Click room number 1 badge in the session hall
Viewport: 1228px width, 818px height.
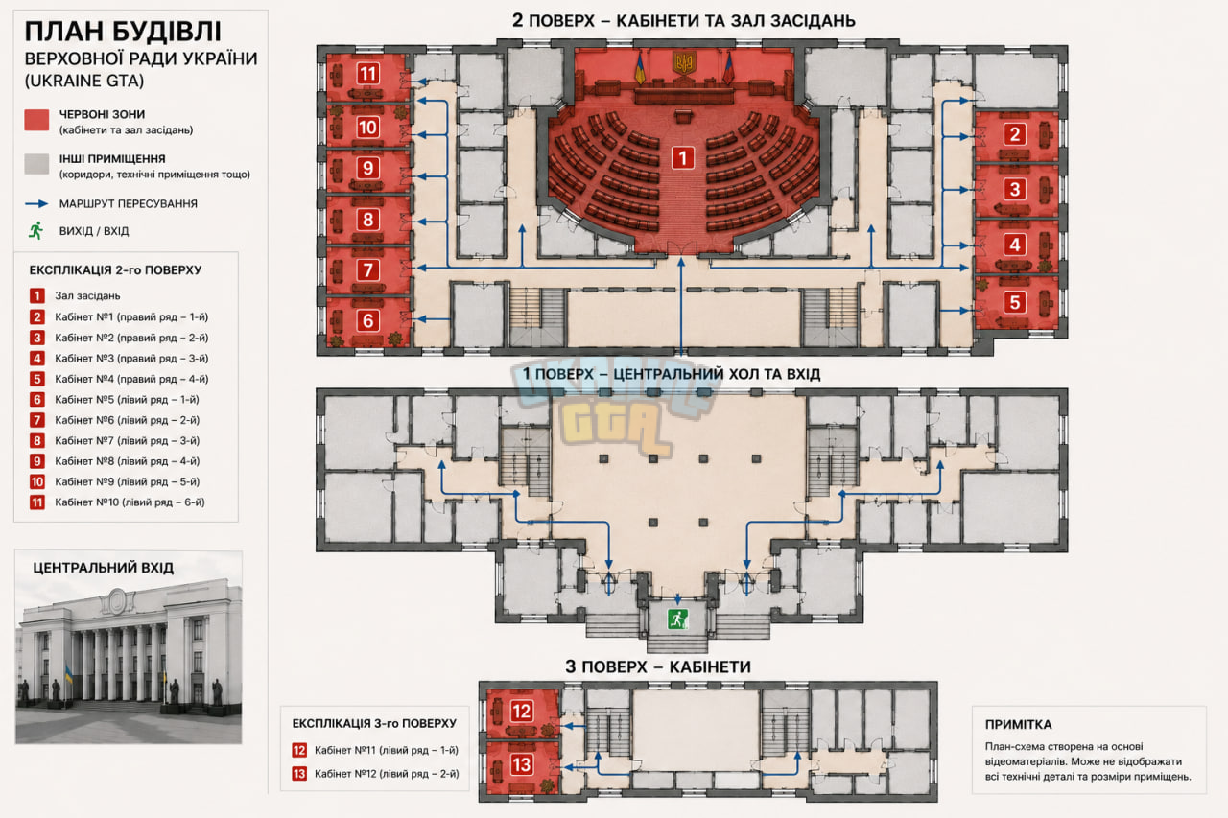[x=682, y=158]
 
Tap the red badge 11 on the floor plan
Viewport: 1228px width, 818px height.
[x=367, y=74]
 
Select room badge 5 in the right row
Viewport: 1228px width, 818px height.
[x=1015, y=302]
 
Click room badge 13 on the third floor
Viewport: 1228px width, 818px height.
[x=521, y=764]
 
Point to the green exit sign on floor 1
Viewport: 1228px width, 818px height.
[x=677, y=619]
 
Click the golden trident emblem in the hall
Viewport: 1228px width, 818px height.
[x=684, y=62]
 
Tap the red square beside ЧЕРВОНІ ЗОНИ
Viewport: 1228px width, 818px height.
[x=36, y=120]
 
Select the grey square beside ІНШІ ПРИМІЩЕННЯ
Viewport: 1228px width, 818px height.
[x=36, y=164]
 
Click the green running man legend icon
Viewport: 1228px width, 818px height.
[x=36, y=231]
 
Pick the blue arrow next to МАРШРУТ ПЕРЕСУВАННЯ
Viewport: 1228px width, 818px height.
[x=36, y=204]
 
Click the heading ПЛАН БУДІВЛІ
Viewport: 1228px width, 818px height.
[x=123, y=32]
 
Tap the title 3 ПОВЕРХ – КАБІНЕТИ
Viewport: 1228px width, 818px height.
[x=658, y=666]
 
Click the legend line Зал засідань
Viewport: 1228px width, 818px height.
[x=87, y=296]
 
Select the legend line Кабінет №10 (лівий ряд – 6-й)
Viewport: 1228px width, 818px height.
[x=130, y=502]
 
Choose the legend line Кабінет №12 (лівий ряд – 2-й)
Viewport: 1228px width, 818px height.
[x=387, y=774]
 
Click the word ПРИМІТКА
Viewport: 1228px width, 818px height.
[x=1018, y=724]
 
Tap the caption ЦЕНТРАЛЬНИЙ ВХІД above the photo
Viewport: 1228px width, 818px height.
[x=103, y=568]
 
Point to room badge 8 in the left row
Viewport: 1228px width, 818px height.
[x=367, y=220]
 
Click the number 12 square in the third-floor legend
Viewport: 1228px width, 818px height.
[x=299, y=750]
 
